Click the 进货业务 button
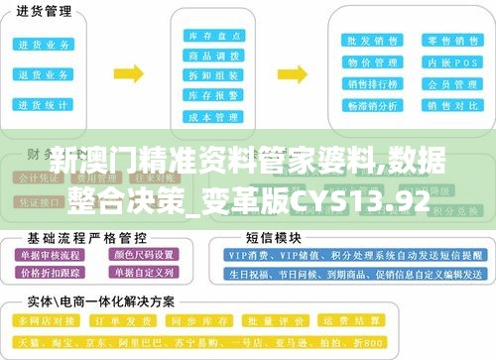pyautogui.click(x=43, y=45)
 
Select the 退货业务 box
pyautogui.click(x=43, y=74)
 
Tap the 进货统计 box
pyautogui.click(x=43, y=104)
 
